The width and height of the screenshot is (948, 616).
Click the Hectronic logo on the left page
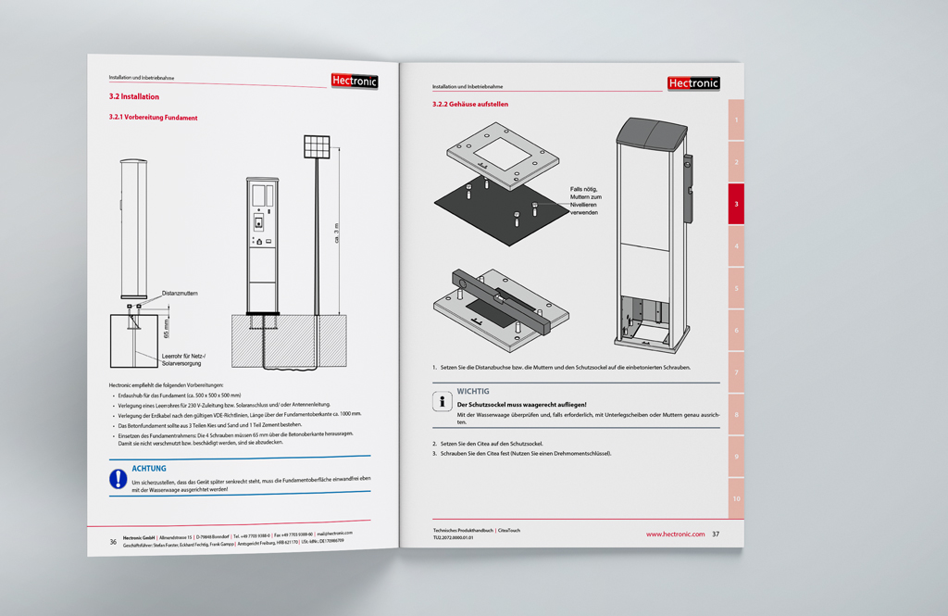click(x=354, y=82)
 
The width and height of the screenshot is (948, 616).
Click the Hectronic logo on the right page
click(x=692, y=83)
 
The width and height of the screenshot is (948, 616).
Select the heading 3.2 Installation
click(x=134, y=96)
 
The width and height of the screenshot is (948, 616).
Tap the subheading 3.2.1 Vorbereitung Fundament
click(x=153, y=118)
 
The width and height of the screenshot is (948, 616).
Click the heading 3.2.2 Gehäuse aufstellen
click(x=470, y=105)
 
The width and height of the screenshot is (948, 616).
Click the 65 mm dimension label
click(x=167, y=328)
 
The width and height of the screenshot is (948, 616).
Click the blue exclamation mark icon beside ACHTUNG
click(x=118, y=478)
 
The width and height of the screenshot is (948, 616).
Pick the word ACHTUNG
click(x=149, y=469)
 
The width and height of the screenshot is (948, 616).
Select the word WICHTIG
click(x=473, y=391)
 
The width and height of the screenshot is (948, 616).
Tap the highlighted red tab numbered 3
click(x=736, y=204)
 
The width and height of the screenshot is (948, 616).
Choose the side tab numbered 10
click(x=736, y=499)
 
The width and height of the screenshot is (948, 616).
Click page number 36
click(x=113, y=542)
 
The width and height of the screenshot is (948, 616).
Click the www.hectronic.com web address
click(x=675, y=534)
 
